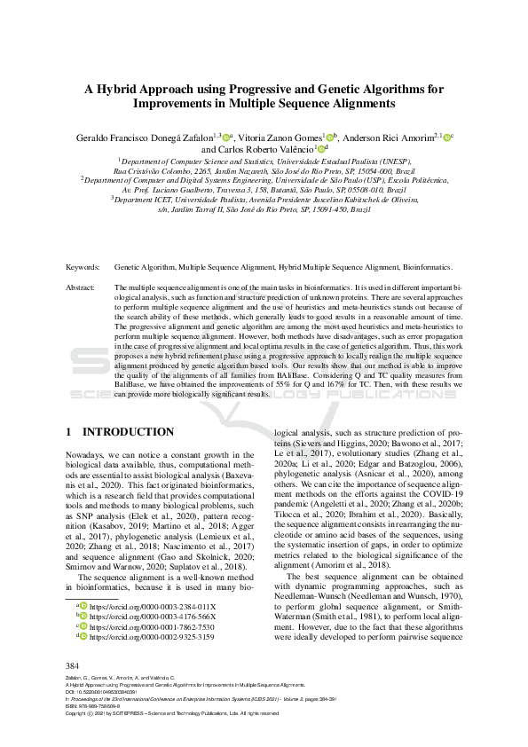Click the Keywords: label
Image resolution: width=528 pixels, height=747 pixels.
(x=83, y=266)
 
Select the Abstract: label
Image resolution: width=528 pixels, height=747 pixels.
(x=82, y=288)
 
